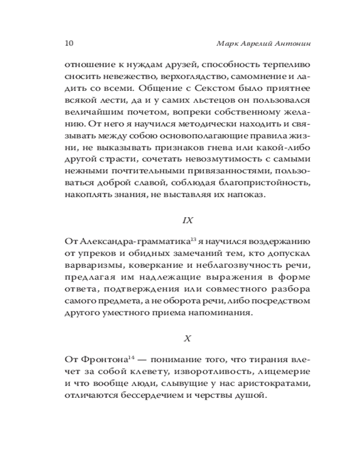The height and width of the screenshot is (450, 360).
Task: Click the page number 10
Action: click(69, 44)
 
